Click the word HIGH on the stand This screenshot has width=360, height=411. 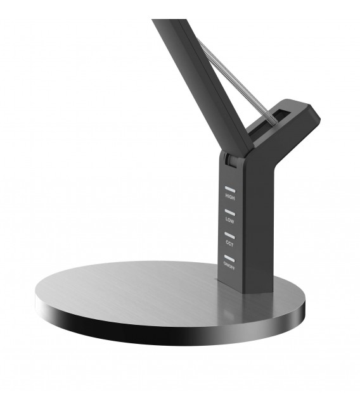tap(229, 197)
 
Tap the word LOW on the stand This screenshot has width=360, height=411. tap(229, 220)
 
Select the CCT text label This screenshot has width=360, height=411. tap(229, 243)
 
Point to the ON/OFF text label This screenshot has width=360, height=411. tap(229, 267)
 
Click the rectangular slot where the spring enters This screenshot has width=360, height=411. tap(273, 117)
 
